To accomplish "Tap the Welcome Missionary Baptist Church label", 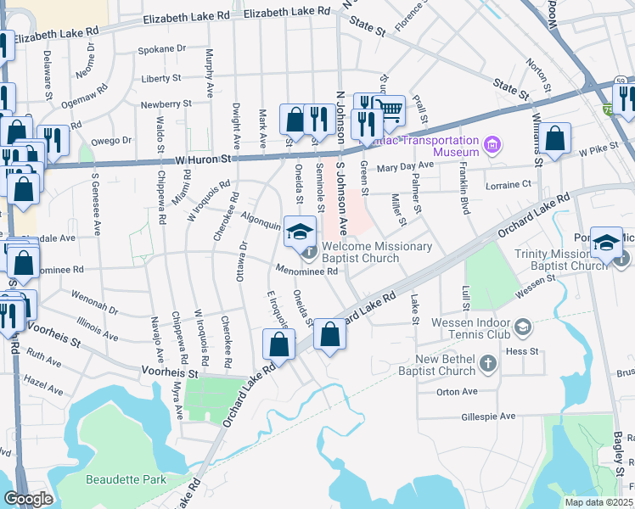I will pos(378,253).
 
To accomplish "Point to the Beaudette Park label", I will pos(126,479).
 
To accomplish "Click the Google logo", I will pos(27,499).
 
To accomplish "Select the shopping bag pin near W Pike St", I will pos(554,138).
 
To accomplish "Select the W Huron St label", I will pos(203,159).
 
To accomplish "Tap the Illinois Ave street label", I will pos(97,322).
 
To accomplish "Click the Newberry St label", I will pos(166,103).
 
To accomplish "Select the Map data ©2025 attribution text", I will pos(598,502).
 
